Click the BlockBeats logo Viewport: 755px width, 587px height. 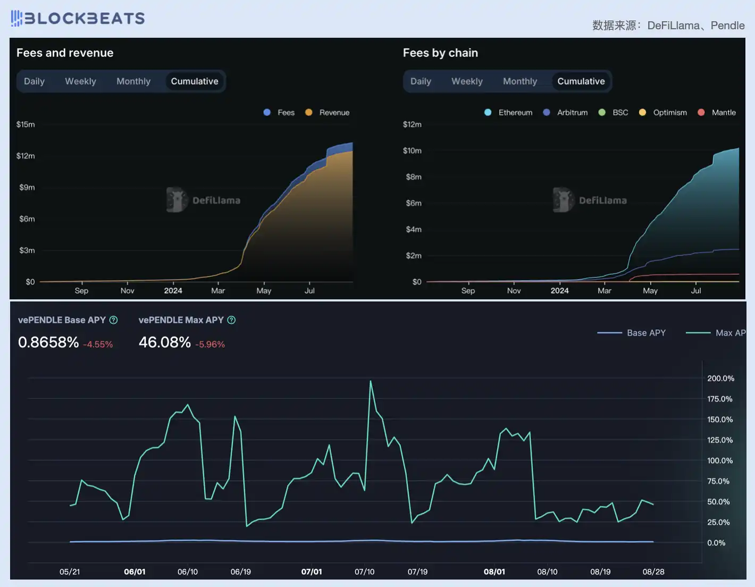pos(78,18)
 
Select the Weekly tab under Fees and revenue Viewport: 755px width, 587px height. pos(80,81)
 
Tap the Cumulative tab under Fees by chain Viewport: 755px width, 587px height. pos(581,81)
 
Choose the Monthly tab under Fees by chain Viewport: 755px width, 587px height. pos(519,81)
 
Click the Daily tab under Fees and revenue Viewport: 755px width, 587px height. pos(34,81)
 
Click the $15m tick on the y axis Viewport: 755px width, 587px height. pos(26,124)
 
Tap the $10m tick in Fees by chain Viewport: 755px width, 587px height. pos(412,150)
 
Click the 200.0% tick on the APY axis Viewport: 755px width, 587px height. pos(720,379)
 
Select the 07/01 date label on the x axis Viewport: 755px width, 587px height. pos(312,572)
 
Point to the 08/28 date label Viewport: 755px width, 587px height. pos(653,572)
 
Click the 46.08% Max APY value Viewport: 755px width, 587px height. pos(165,342)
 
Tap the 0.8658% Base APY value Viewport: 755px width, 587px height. pos(48,342)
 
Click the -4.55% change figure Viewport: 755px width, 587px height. pos(98,345)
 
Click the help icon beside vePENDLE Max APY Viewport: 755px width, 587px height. pos(231,320)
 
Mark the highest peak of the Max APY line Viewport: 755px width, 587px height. pos(371,381)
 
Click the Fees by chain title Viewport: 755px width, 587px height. pos(440,53)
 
